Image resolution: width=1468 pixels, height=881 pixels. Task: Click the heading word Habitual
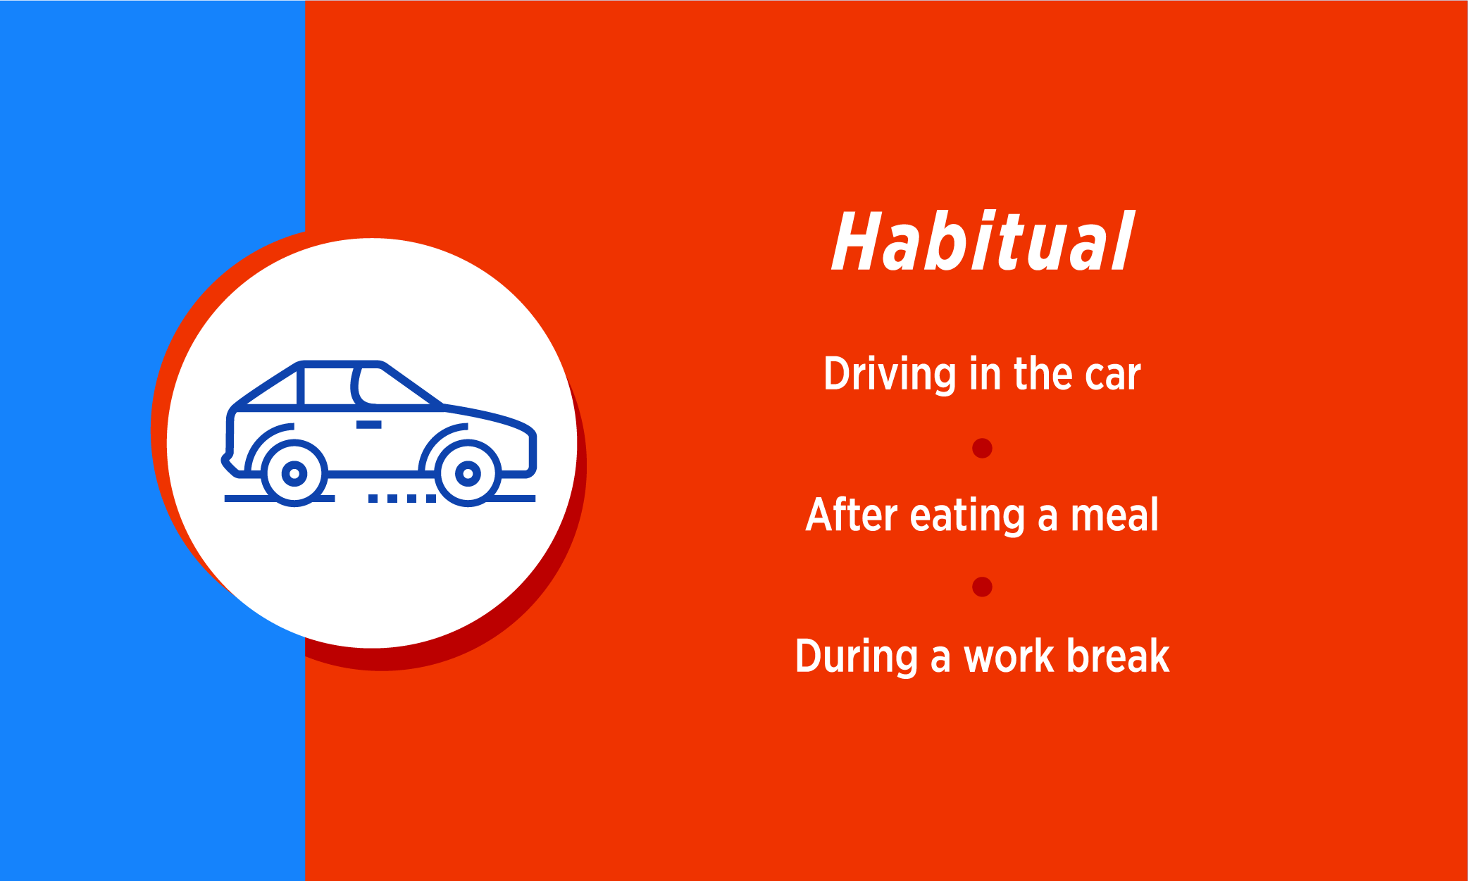pos(983,241)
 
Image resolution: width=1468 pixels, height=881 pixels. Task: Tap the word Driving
pos(890,374)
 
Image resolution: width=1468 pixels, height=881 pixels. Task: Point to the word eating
pos(967,516)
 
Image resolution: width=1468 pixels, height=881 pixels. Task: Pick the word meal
pos(1114,515)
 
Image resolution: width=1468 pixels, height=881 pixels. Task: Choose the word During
pos(856,657)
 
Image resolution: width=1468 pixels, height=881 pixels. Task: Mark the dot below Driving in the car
pos(982,448)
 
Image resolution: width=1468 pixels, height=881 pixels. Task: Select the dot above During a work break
pos(982,587)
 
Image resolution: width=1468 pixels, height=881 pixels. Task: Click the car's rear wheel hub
pos(294,473)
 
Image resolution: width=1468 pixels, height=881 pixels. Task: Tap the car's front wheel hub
pos(468,473)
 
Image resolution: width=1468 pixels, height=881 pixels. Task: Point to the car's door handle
pos(368,425)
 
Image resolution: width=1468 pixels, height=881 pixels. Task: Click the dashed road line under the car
pos(402,499)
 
